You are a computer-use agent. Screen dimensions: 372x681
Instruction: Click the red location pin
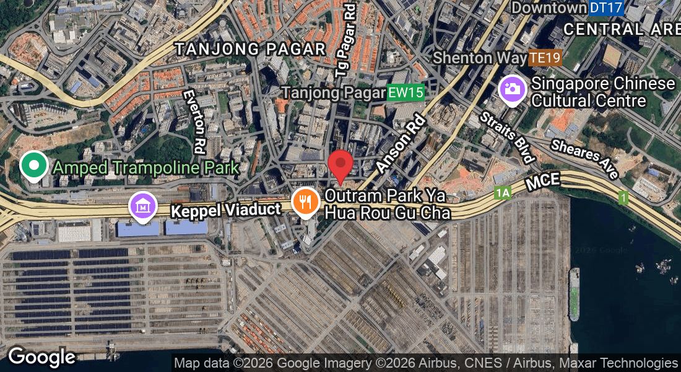(x=340, y=165)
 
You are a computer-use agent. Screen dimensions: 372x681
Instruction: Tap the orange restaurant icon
(x=305, y=201)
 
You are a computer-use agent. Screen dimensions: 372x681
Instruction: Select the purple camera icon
(x=512, y=89)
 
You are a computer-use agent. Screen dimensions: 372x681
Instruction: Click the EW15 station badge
(x=406, y=94)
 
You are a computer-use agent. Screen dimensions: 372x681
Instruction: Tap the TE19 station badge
(x=545, y=58)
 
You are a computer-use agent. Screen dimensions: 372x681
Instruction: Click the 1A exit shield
(x=502, y=193)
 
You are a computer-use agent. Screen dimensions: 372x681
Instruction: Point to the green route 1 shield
(x=623, y=198)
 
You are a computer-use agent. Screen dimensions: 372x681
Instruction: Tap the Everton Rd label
(x=194, y=122)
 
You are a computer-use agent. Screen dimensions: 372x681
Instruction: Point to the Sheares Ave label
(x=584, y=159)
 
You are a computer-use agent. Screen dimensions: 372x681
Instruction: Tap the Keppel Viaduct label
(x=225, y=210)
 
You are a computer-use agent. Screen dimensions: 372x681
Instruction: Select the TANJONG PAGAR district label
(x=250, y=49)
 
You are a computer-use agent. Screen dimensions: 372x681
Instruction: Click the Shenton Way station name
(x=480, y=58)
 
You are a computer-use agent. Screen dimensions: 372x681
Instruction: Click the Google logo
(x=41, y=357)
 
